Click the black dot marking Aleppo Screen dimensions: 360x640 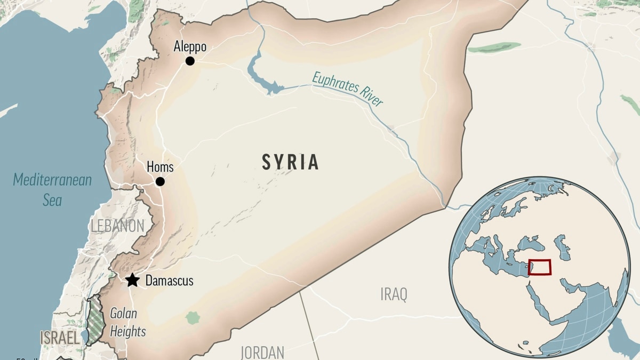[190, 61]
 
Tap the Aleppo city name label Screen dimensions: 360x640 [190, 47]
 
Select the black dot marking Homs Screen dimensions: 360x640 [160, 182]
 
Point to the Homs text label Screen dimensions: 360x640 [160, 167]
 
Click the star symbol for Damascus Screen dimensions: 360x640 [132, 280]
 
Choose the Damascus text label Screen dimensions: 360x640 [169, 281]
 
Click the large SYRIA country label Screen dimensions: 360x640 [290, 162]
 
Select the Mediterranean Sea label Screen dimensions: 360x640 [52, 190]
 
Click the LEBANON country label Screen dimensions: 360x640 [117, 226]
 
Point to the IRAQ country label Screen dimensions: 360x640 [394, 294]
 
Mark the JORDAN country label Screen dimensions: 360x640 [262, 352]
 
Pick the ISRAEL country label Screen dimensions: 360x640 [60, 337]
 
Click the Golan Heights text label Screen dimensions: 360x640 [127, 322]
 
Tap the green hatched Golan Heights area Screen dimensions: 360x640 [96, 320]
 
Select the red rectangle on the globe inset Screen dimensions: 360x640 [539, 267]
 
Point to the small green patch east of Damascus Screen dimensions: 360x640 [193, 318]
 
